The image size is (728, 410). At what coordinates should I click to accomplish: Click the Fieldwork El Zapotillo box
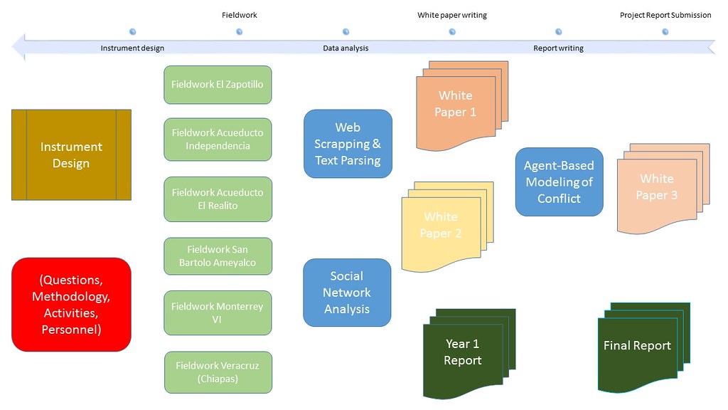click(218, 85)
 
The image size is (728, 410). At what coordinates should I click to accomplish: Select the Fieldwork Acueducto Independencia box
click(218, 140)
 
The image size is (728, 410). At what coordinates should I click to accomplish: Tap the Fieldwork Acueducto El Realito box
click(218, 199)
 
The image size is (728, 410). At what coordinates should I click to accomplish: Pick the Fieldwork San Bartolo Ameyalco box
click(218, 256)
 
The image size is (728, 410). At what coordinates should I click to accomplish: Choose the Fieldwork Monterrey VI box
click(218, 312)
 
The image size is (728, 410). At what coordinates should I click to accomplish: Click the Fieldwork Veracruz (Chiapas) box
click(218, 372)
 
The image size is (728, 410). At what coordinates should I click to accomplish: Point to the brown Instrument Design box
click(71, 154)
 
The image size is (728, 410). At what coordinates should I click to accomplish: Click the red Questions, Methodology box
click(71, 304)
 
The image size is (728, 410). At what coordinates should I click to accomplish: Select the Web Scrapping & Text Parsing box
click(348, 144)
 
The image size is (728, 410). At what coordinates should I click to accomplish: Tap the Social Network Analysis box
click(347, 293)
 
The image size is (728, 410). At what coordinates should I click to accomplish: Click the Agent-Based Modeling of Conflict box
click(559, 182)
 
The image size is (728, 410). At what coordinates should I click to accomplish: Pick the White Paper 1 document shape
click(456, 105)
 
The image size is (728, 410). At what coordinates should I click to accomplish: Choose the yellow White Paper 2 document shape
click(441, 226)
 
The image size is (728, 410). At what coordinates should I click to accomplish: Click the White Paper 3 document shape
click(657, 189)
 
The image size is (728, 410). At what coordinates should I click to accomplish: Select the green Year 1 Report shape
click(463, 352)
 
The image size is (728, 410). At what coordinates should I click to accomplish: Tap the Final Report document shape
click(637, 347)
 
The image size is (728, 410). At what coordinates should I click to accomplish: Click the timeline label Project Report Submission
click(665, 15)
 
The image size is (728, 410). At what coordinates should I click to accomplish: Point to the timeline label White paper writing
click(452, 15)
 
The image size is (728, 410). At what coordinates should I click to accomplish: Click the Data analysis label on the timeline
click(346, 48)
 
